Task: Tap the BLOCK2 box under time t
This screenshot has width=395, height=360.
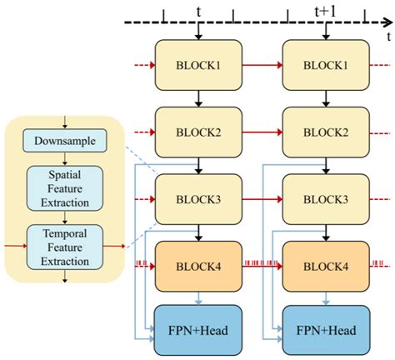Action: (x=198, y=132)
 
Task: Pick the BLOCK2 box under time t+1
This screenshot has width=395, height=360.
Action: (x=323, y=132)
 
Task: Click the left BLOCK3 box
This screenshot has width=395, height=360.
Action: (x=198, y=200)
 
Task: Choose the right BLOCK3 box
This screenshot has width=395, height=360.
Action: (x=323, y=200)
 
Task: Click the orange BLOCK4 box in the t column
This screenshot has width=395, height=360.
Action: (x=198, y=267)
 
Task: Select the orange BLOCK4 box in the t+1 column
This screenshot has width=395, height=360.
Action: (x=323, y=267)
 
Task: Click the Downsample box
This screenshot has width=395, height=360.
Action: (x=65, y=142)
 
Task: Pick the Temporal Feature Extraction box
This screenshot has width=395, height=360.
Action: (x=65, y=246)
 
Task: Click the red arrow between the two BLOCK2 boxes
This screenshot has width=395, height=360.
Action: (x=262, y=132)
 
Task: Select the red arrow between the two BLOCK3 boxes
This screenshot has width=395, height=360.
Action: (x=262, y=200)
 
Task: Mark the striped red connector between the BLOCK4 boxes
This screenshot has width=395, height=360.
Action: (x=262, y=267)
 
